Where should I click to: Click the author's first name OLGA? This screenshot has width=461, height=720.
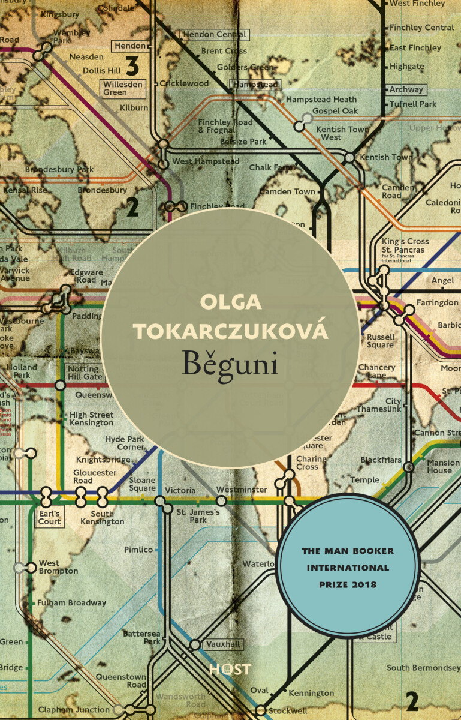[231, 302]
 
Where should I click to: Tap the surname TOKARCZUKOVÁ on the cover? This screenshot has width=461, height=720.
[231, 331]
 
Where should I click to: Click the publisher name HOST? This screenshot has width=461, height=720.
[230, 669]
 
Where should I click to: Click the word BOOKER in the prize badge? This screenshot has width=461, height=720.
[378, 550]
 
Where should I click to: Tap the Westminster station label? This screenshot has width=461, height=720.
[242, 490]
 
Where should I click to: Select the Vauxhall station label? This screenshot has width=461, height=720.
[223, 644]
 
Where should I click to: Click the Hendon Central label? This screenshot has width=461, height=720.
[214, 35]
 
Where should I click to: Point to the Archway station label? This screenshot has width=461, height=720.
[406, 89]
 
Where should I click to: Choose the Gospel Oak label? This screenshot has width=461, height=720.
[335, 111]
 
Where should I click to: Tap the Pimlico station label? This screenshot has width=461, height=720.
[138, 549]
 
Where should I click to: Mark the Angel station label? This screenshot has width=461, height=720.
[443, 280]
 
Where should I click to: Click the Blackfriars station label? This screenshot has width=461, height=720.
[381, 460]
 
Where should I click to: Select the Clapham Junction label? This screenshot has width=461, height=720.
[74, 710]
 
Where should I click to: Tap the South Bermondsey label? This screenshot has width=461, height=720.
[423, 667]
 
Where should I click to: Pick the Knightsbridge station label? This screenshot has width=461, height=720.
[101, 460]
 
